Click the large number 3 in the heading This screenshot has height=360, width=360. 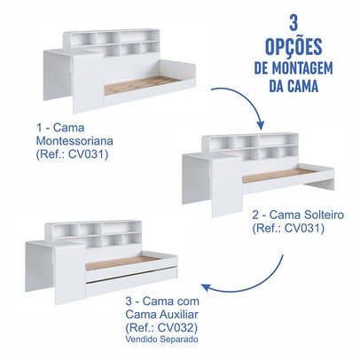[x=293, y=23]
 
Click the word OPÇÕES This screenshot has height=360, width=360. [x=293, y=47]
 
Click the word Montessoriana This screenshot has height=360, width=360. [x=74, y=141]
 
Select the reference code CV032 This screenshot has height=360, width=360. [x=176, y=327]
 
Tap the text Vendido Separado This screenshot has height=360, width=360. [x=161, y=339]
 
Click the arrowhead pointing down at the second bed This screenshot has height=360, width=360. [x=261, y=125]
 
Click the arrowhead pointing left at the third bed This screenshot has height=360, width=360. [x=207, y=287]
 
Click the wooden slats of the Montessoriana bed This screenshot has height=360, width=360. [x=141, y=84]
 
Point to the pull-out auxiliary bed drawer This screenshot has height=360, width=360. [x=131, y=282]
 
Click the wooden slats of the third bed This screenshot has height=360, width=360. [x=121, y=262]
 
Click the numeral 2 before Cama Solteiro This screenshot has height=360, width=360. [x=255, y=215]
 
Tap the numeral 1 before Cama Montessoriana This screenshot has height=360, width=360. [x=39, y=128]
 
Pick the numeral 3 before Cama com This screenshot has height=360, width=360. [x=129, y=301]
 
